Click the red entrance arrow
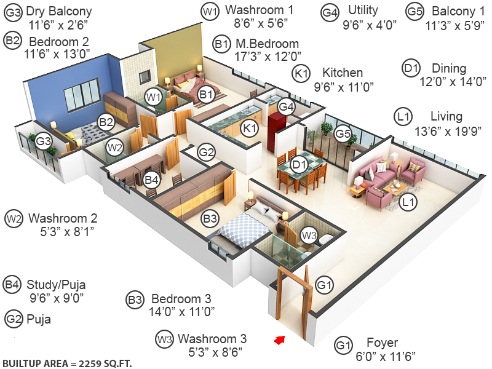(x=280, y=339)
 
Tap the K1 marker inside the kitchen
(x=249, y=129)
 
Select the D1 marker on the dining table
(x=300, y=165)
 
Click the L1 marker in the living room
(x=407, y=200)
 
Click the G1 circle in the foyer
(x=324, y=285)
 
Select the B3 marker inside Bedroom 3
(x=210, y=218)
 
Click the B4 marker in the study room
(x=151, y=180)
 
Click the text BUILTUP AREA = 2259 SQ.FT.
(x=67, y=362)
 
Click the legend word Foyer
(x=382, y=343)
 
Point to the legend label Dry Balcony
(x=60, y=11)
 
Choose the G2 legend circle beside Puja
(x=13, y=319)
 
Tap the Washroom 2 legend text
(x=63, y=218)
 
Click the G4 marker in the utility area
(x=286, y=106)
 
